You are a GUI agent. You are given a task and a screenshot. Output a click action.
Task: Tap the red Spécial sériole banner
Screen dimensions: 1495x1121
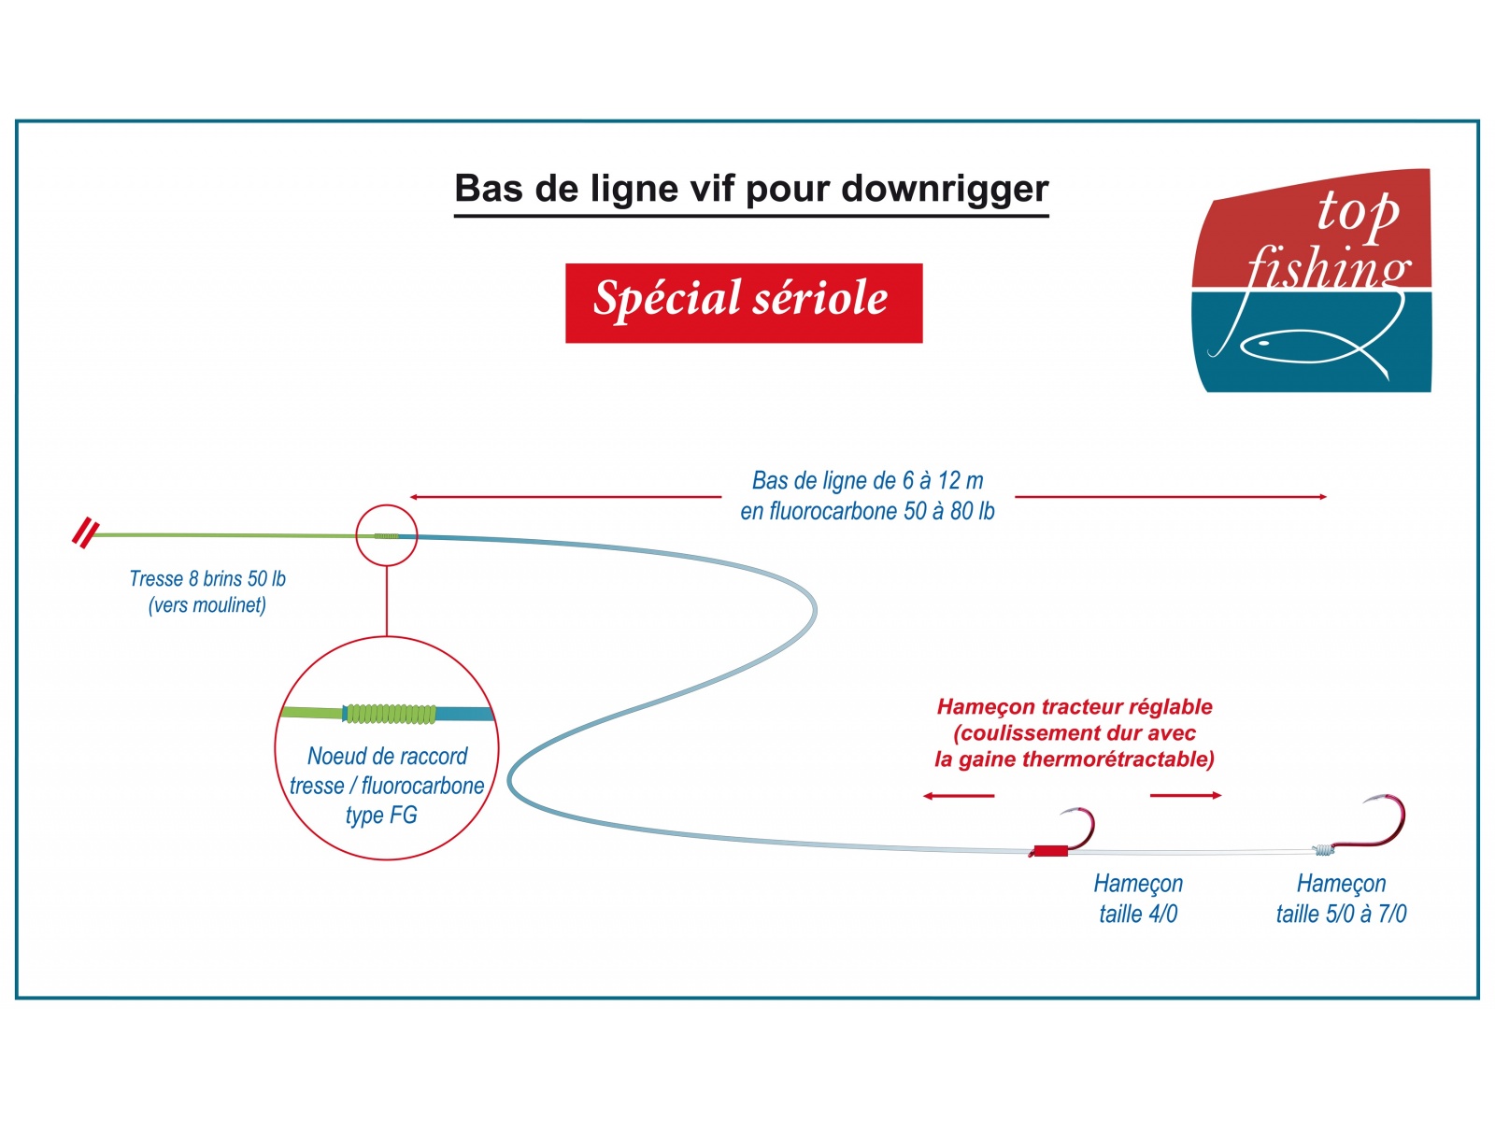(x=744, y=303)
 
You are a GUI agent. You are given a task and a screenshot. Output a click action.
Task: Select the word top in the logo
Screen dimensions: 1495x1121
(x=1358, y=212)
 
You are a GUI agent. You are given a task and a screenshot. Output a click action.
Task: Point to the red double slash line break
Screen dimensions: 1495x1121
(x=86, y=533)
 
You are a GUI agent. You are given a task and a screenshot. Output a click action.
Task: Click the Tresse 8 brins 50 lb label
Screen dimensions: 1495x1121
(x=207, y=578)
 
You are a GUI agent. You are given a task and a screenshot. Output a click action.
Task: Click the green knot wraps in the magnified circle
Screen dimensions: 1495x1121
(x=391, y=714)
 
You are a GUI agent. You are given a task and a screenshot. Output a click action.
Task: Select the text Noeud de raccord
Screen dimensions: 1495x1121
(x=387, y=756)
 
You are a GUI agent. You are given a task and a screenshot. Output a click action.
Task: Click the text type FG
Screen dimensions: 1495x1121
(x=381, y=816)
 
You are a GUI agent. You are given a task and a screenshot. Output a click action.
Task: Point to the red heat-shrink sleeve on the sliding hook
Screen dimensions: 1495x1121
(x=1050, y=850)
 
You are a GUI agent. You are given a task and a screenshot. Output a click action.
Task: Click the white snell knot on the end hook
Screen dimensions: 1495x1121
(x=1323, y=849)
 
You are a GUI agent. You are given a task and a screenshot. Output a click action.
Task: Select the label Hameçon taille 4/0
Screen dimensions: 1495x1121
(x=1138, y=899)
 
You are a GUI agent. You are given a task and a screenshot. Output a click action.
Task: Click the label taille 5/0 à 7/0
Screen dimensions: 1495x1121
(x=1341, y=914)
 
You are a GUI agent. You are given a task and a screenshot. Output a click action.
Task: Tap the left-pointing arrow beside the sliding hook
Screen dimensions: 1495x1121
(x=959, y=796)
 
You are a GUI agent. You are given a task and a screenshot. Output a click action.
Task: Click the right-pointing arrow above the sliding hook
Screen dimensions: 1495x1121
(x=1186, y=795)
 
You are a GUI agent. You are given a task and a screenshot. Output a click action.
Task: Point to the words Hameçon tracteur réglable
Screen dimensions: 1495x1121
(x=1075, y=706)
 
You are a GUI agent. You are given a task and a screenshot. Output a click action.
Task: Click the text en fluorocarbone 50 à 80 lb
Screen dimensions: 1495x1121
(x=867, y=511)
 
